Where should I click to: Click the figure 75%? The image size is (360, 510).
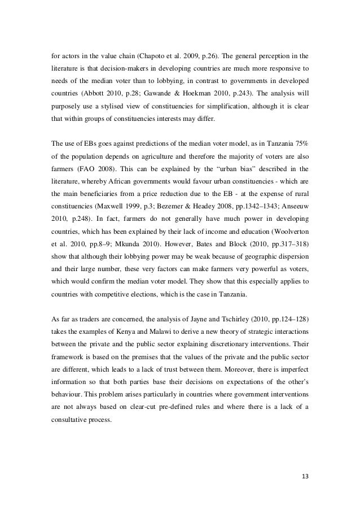point(300,138)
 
